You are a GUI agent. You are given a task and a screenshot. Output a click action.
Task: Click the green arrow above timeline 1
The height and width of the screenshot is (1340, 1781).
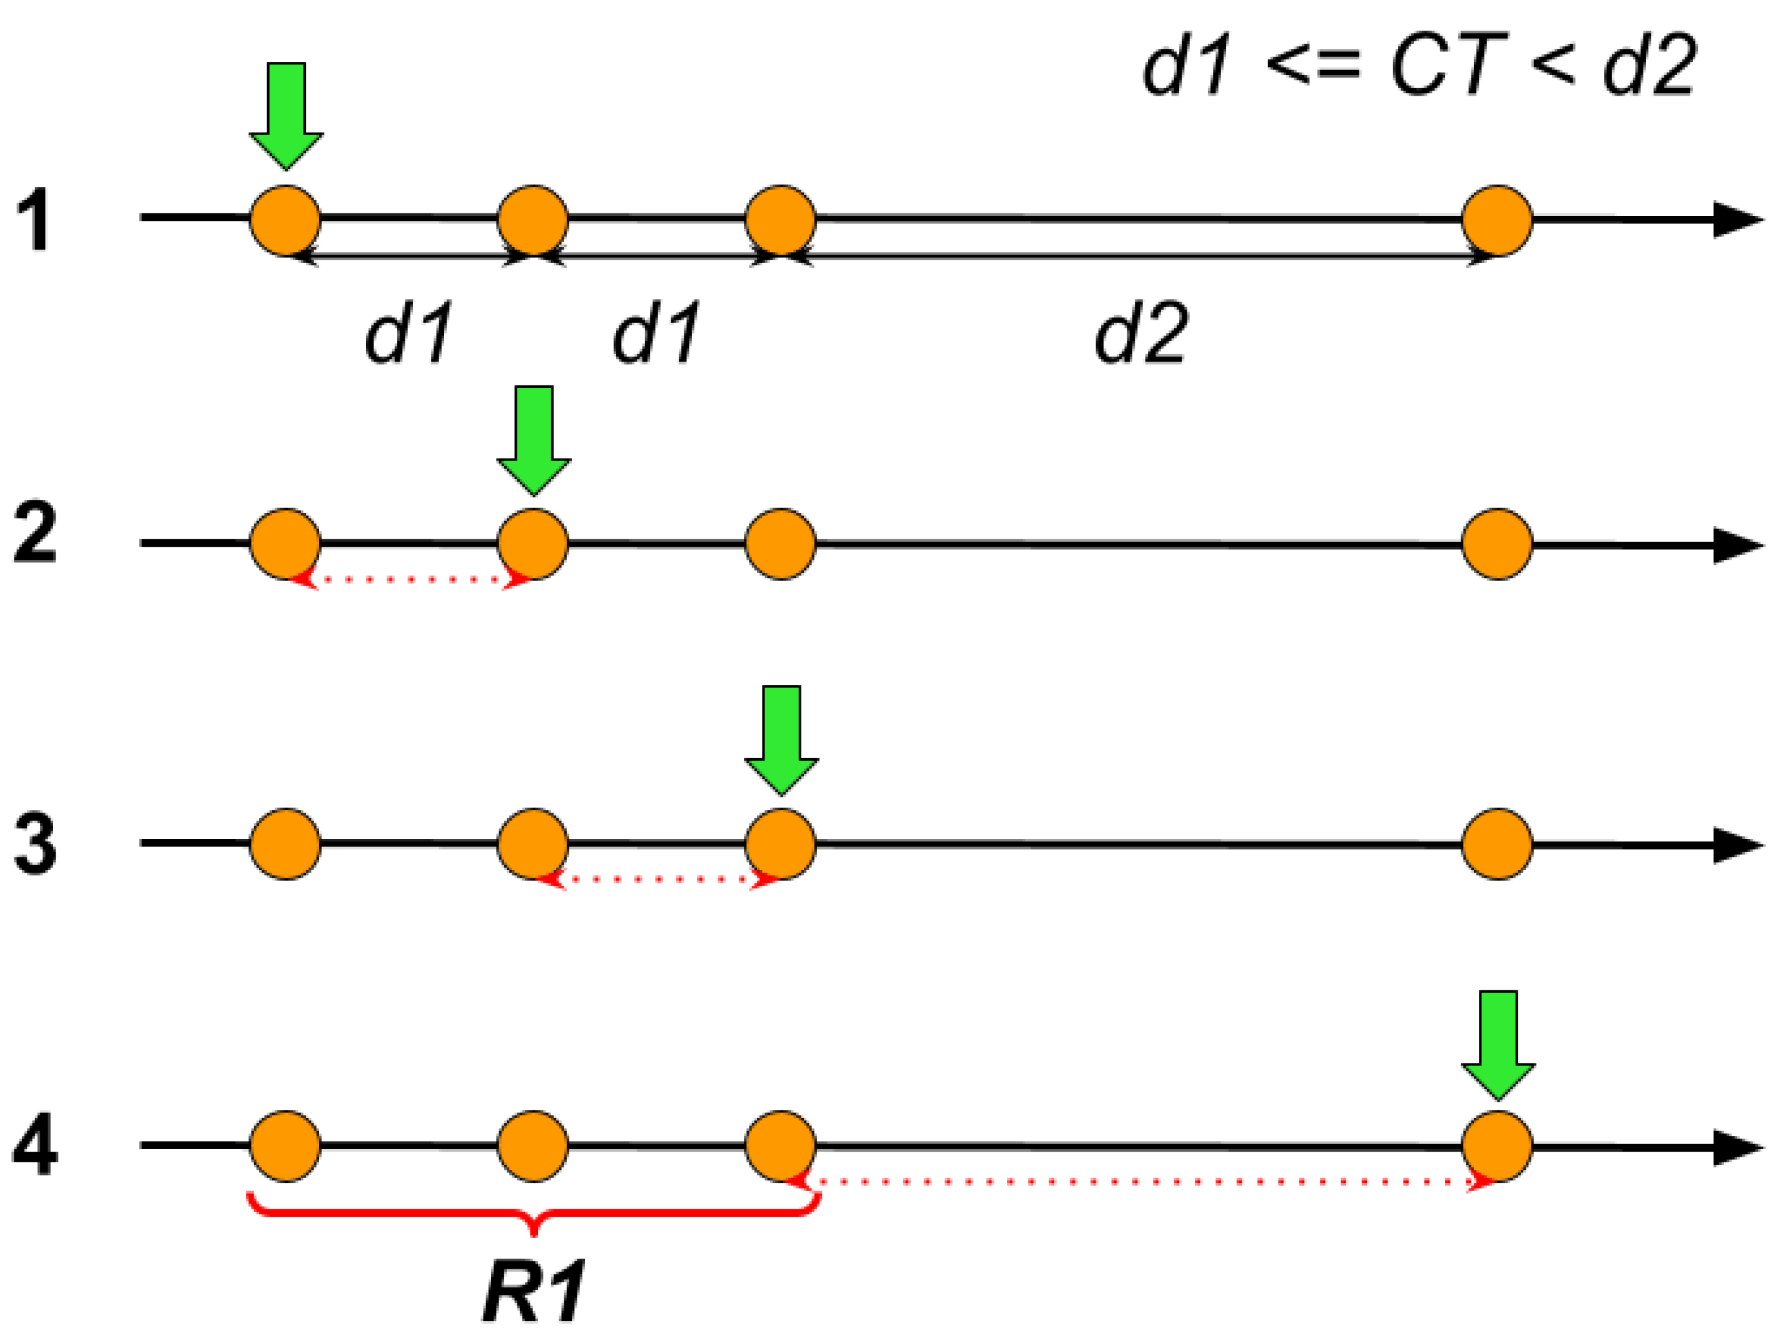pyautogui.click(x=286, y=113)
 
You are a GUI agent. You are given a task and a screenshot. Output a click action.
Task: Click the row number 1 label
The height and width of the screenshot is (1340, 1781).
pyautogui.click(x=34, y=219)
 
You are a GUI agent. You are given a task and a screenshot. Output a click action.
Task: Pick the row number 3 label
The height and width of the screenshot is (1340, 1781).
pyautogui.click(x=34, y=844)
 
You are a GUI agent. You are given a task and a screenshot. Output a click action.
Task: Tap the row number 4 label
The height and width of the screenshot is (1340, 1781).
pyautogui.click(x=34, y=1145)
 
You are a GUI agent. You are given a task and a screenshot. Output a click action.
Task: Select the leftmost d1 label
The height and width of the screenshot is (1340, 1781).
pyautogui.click(x=408, y=332)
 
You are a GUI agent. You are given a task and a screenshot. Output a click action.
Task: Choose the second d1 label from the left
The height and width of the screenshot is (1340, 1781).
pyautogui.click(x=656, y=332)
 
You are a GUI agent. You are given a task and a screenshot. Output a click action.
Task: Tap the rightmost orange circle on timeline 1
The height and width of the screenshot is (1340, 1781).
pyautogui.click(x=1497, y=220)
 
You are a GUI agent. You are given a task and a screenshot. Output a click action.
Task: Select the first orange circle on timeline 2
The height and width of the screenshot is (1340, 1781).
pyautogui.click(x=286, y=544)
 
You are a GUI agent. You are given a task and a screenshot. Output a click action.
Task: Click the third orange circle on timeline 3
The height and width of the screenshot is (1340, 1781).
pyautogui.click(x=781, y=844)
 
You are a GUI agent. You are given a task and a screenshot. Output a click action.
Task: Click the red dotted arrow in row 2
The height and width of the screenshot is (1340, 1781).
pyautogui.click(x=410, y=579)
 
